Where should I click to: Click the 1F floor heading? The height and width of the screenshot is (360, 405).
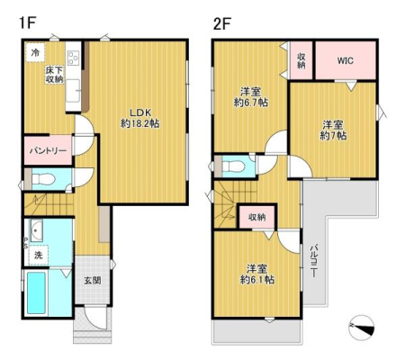tap(28, 22)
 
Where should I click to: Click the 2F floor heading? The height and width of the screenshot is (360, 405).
tap(222, 23)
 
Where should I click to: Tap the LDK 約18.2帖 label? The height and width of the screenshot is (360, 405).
tap(139, 118)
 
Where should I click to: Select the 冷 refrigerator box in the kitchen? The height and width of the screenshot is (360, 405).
tap(35, 53)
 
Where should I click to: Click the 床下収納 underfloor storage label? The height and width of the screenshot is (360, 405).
tap(54, 75)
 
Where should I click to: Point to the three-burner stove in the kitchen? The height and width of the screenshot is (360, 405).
tap(73, 58)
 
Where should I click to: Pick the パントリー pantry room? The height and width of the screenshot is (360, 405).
tap(48, 150)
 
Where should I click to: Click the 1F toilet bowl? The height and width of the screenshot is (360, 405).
tap(43, 180)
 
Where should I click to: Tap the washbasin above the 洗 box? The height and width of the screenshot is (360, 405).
tap(36, 230)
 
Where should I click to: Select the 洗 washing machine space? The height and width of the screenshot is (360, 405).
tap(39, 255)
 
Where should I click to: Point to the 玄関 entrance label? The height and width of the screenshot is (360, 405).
tap(93, 281)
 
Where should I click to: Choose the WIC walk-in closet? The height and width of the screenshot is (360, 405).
tap(346, 60)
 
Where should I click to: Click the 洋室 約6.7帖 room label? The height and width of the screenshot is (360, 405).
tap(251, 96)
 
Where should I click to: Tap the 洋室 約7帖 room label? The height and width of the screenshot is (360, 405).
tap(333, 130)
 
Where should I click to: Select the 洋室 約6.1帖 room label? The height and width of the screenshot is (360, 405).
tap(257, 274)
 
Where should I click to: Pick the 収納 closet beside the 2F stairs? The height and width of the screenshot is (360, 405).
tap(257, 217)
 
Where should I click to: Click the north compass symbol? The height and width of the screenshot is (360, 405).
tap(362, 328)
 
